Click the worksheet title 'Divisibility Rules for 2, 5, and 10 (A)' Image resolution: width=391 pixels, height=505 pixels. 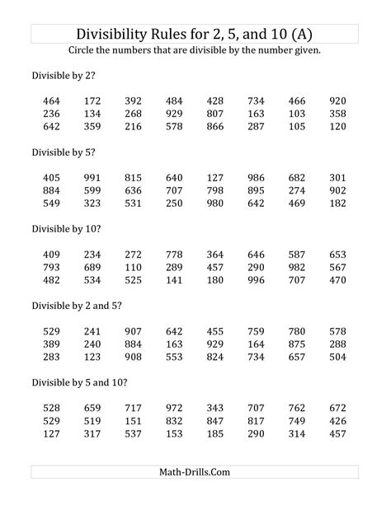[x=195, y=34]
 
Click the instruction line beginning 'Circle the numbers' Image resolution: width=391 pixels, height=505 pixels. [x=195, y=51]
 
